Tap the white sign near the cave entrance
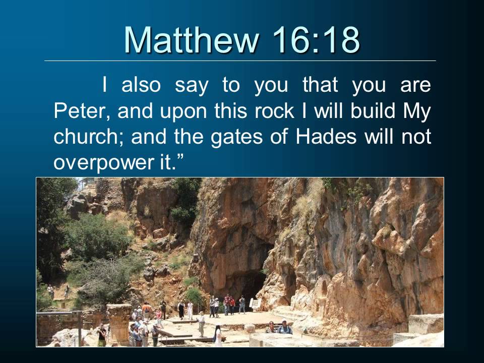pos(254,304)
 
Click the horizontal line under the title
pos(240,61)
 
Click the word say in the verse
pos(191,86)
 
